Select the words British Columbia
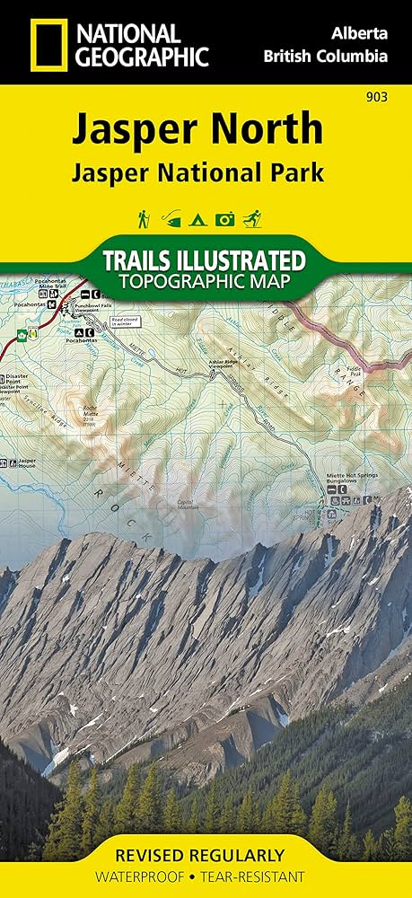326,56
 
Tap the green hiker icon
143,218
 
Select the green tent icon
198,218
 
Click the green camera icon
225,218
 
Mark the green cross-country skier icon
254,218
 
